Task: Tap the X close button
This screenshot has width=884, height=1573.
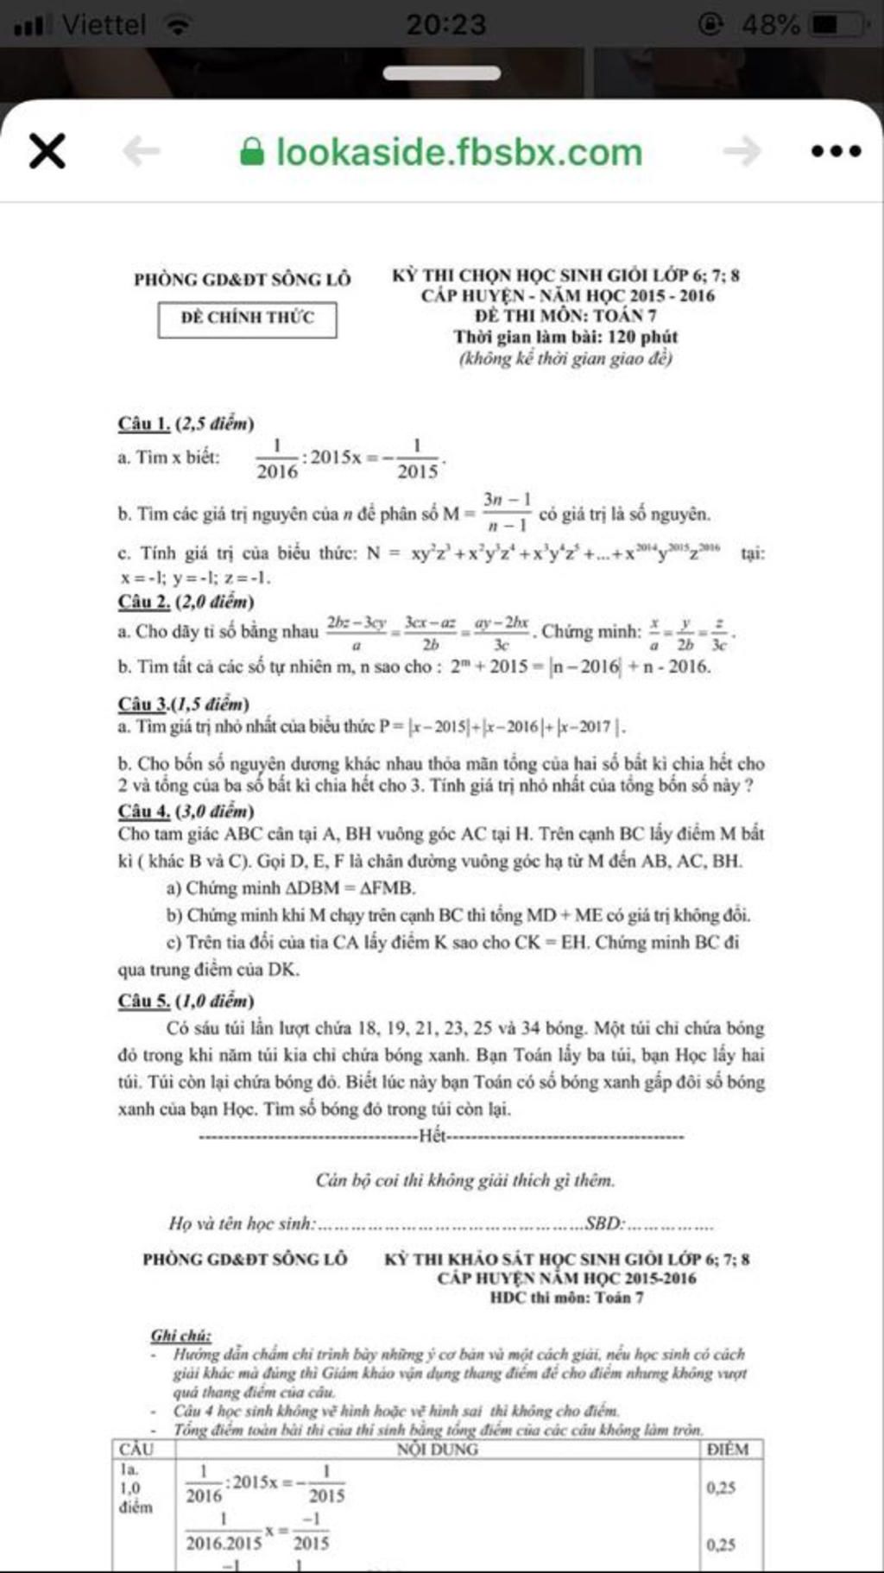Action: click(x=47, y=152)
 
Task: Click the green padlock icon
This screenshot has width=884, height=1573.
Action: click(x=251, y=153)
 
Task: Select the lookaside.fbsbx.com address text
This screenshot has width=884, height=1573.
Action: click(x=458, y=153)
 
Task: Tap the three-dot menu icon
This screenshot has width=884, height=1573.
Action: click(x=836, y=151)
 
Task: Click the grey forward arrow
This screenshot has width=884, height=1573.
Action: click(x=742, y=152)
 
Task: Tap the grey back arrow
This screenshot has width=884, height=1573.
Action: click(x=142, y=152)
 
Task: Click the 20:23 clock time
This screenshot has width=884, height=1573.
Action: click(x=445, y=24)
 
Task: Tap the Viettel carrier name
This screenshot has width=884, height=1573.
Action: click(x=104, y=24)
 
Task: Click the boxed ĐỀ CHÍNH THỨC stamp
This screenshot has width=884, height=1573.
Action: click(x=247, y=318)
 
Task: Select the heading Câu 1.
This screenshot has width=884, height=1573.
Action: click(x=144, y=423)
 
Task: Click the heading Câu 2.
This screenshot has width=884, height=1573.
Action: click(x=144, y=602)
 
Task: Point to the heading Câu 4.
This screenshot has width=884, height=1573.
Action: click(x=144, y=811)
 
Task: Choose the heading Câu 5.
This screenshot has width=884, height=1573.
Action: click(x=144, y=1001)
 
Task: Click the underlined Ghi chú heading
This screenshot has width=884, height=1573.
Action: click(x=181, y=1336)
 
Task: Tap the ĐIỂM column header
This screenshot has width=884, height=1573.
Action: click(x=728, y=1450)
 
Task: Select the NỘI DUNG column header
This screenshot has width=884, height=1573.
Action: click(x=437, y=1450)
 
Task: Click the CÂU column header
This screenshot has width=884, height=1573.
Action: click(x=136, y=1450)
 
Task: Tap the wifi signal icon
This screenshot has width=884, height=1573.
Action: click(x=179, y=26)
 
